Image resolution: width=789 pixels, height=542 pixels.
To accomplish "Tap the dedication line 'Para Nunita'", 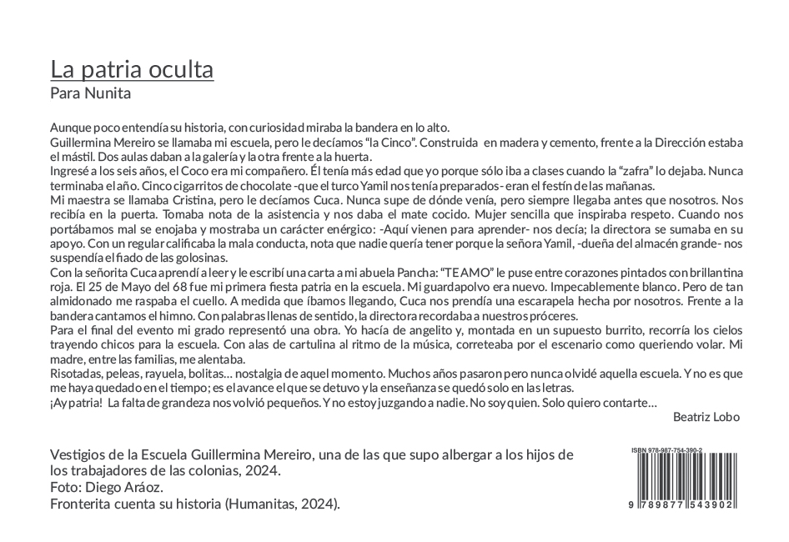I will click(x=90, y=93).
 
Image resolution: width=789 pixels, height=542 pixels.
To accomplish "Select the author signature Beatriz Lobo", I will click(x=706, y=417).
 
